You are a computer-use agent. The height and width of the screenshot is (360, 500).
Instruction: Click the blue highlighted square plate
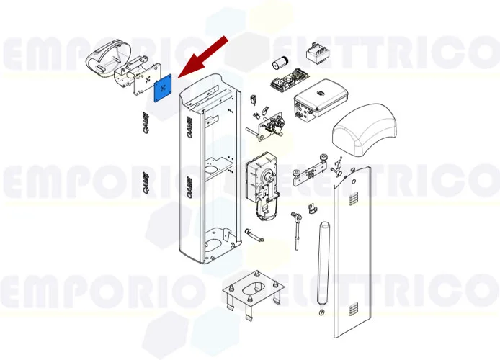coord(164,89)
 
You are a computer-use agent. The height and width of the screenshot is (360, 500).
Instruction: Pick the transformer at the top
coord(315,54)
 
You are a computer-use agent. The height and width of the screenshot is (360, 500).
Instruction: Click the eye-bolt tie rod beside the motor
coord(295,227)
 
